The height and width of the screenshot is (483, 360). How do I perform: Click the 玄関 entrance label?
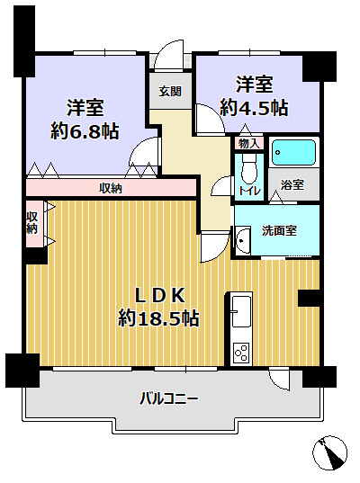pos(170,91)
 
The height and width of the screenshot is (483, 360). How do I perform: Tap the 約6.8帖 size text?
pos(86,130)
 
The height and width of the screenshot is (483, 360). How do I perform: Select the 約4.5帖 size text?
pos(255,107)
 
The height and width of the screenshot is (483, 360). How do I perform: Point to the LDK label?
pos(159,295)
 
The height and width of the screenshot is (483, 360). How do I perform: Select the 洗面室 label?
pos(280,229)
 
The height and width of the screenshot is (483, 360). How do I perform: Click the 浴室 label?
pos(292,184)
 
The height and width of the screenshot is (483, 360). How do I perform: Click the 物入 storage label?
pos(248,143)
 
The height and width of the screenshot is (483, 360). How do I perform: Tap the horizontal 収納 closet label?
pos(111,188)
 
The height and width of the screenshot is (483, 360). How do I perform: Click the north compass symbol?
pos(333,451)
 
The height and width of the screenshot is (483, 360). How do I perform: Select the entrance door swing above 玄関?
pos(168,54)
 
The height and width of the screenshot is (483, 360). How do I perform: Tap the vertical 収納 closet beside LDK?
pos(32,222)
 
